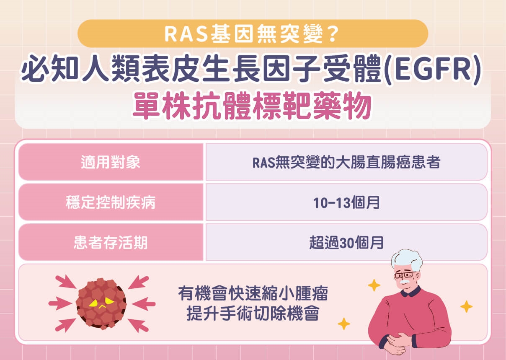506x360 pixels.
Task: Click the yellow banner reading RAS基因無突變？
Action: [x=253, y=34]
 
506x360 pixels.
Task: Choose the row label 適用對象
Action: [x=111, y=162]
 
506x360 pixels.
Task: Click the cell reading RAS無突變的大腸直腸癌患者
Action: [x=346, y=162]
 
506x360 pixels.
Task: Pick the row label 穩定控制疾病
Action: [x=111, y=202]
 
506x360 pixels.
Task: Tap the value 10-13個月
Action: [x=346, y=202]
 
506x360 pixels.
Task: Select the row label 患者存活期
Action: [x=111, y=243]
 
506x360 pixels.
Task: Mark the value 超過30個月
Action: [x=346, y=243]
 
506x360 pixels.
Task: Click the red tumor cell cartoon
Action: [x=101, y=302]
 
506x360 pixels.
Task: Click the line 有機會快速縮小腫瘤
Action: [x=253, y=294]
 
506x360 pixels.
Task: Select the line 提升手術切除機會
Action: [x=253, y=313]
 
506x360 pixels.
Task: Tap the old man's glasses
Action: [x=404, y=275]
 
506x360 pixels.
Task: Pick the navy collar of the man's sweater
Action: [x=413, y=293]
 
